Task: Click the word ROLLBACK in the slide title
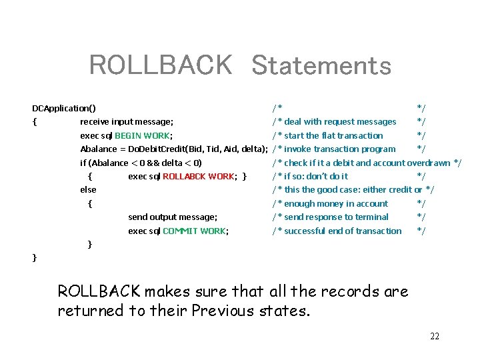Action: (160, 66)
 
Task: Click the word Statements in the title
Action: (321, 66)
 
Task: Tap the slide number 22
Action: (435, 336)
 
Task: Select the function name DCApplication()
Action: (64, 108)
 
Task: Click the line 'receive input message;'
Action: (127, 122)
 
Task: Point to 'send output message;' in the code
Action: (173, 217)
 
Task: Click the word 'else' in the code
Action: (88, 190)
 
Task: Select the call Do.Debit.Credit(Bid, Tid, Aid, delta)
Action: (199, 149)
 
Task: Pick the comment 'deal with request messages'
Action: (340, 122)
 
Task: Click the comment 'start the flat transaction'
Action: (333, 135)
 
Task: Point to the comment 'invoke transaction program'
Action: (339, 149)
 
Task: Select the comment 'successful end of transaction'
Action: (343, 231)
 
